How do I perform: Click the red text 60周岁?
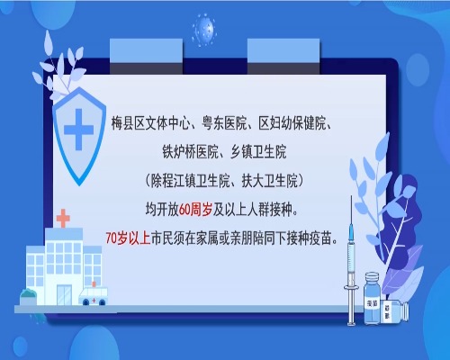point(195,210)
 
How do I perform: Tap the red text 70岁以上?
point(128,238)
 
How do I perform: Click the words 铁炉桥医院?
point(190,152)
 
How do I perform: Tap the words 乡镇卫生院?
point(258,152)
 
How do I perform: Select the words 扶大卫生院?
point(269,181)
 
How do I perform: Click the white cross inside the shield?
point(78,130)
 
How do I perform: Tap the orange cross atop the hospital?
point(63,218)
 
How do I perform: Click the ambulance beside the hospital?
point(93,296)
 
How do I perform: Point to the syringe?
point(351,261)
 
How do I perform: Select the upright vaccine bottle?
point(372,298)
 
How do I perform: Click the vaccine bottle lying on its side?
point(395,312)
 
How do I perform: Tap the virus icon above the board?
point(204,31)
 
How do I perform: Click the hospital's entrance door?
point(64,294)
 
